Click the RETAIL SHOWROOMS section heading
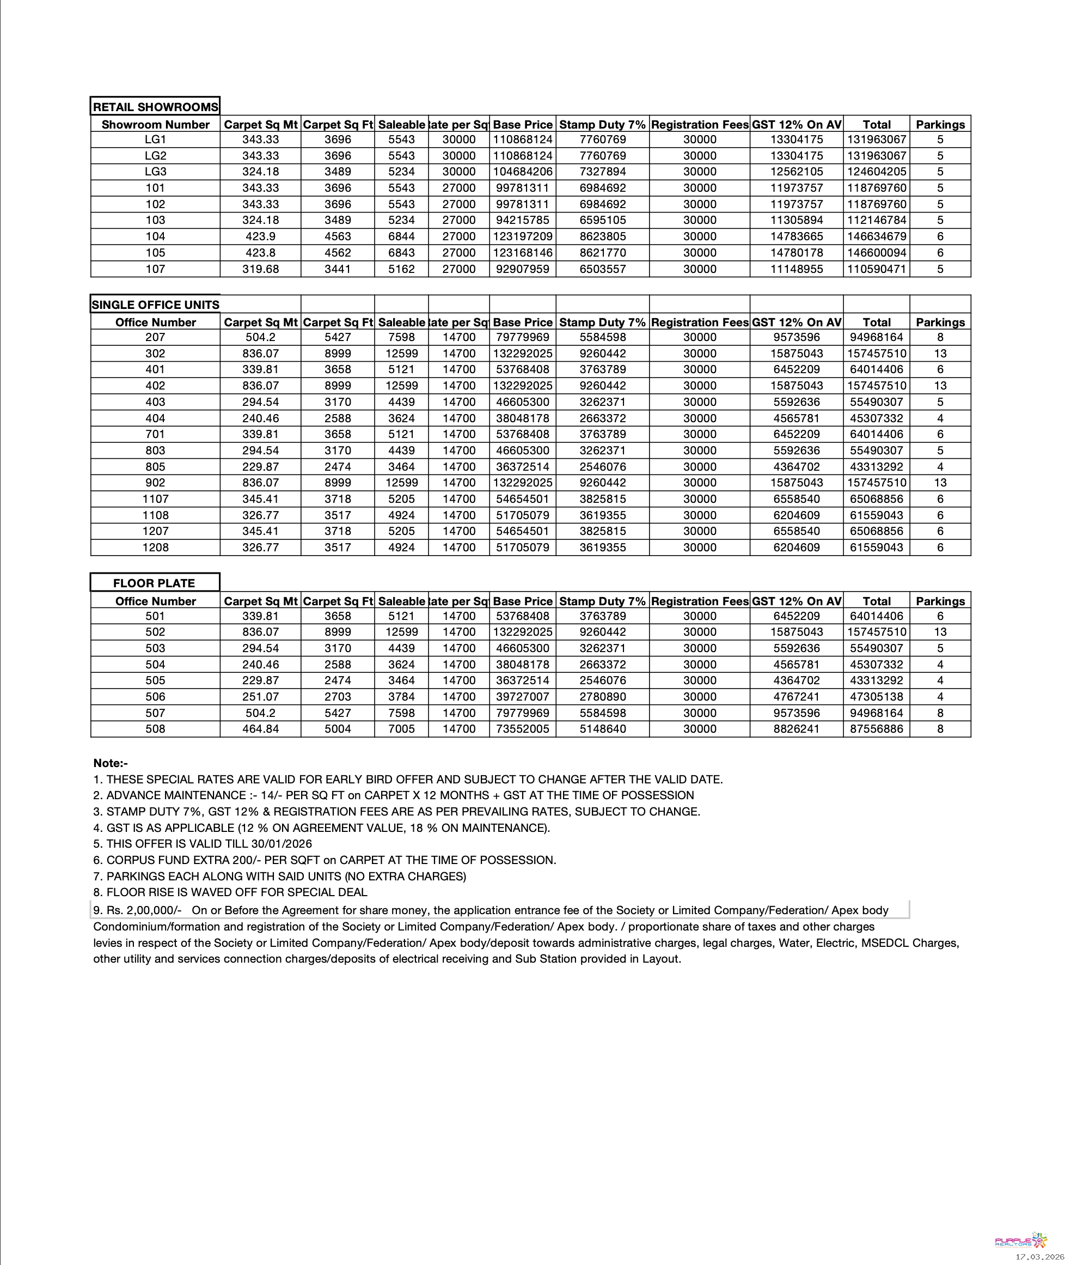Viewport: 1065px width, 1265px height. tap(155, 107)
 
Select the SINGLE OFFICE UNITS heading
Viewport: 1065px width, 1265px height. tap(155, 305)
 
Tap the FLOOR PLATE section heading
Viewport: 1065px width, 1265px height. tap(154, 583)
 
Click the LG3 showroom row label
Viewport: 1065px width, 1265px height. tap(155, 172)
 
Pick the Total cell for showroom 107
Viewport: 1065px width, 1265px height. tap(876, 269)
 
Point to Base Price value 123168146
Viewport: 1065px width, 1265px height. tap(522, 253)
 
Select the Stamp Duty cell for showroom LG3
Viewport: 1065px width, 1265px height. tap(602, 172)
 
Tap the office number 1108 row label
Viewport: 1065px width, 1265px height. tap(155, 515)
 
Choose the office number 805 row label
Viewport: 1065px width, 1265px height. tap(155, 466)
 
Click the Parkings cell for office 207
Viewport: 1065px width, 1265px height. tap(939, 337)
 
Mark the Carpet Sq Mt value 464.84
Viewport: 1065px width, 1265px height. tap(260, 728)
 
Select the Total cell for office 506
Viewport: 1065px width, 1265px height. tap(876, 697)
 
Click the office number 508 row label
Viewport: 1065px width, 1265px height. tap(155, 728)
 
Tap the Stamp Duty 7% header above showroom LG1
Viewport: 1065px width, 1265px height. tap(602, 124)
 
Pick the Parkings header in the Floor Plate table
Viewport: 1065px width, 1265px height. tap(939, 601)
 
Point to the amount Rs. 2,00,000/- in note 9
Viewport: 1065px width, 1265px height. tap(144, 910)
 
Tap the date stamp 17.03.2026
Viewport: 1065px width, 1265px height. tap(1039, 1256)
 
